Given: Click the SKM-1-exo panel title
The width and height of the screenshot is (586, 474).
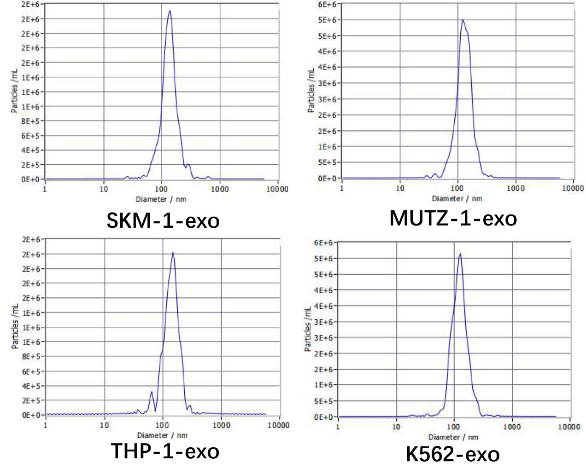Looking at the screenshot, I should pos(163,220).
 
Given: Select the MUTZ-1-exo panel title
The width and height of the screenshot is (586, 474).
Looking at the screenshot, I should pos(453,218).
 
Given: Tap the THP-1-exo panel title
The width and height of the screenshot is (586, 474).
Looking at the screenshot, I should pos(165,451).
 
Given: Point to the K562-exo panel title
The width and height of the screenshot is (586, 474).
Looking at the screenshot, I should pos(452,455).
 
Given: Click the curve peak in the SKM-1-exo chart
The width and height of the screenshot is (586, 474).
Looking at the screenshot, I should pos(170,11).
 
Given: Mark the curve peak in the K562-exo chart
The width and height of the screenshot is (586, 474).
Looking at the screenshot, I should pos(460,254).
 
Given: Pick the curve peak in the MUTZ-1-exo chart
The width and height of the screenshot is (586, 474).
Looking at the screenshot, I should pos(462,20).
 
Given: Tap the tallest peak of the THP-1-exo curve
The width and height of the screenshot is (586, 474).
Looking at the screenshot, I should pos(173,252).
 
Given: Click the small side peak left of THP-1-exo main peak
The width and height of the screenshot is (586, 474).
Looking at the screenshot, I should pos(152,392).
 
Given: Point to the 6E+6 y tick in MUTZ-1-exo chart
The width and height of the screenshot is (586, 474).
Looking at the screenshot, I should pos(327,5).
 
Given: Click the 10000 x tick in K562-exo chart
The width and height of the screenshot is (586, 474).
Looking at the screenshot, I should pos(569,427).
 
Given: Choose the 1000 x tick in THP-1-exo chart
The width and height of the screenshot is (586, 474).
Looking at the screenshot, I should pos(221,425).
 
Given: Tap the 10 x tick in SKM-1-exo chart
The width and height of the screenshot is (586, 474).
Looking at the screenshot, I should pos(104,189).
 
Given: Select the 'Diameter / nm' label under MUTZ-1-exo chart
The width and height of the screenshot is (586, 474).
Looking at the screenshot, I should pos(457,199).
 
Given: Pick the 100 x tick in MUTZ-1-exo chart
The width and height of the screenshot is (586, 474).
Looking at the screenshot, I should pos(457,188).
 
